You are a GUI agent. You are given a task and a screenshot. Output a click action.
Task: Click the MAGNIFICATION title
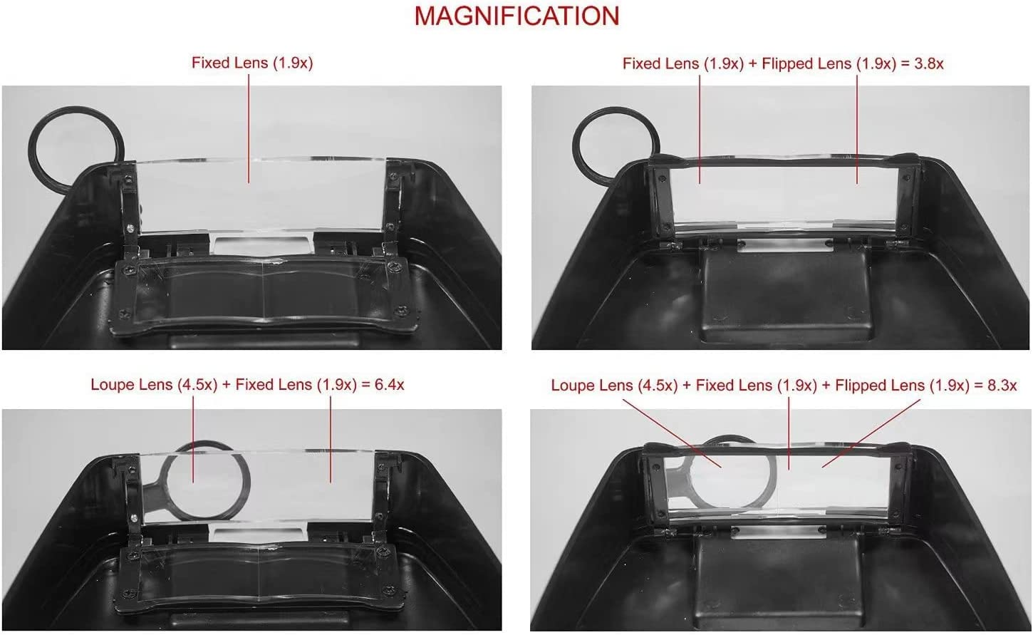click(x=516, y=16)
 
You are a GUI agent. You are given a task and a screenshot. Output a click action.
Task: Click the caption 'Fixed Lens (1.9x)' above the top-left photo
click(x=252, y=63)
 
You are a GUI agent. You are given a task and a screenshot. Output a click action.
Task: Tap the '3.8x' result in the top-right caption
click(x=929, y=63)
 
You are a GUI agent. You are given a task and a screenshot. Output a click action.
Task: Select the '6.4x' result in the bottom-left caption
click(x=389, y=385)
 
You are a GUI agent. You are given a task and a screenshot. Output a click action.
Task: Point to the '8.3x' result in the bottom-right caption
click(x=1001, y=386)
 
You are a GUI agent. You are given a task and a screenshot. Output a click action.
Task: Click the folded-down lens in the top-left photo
click(x=264, y=292)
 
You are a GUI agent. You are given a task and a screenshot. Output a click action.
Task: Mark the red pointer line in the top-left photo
click(x=249, y=128)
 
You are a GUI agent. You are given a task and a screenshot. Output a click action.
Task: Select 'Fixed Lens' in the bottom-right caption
click(x=734, y=386)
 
